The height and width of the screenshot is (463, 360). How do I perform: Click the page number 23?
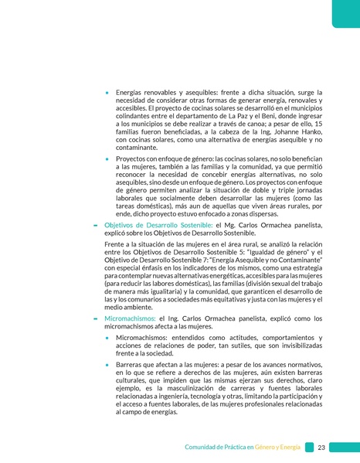pos(321,448)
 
